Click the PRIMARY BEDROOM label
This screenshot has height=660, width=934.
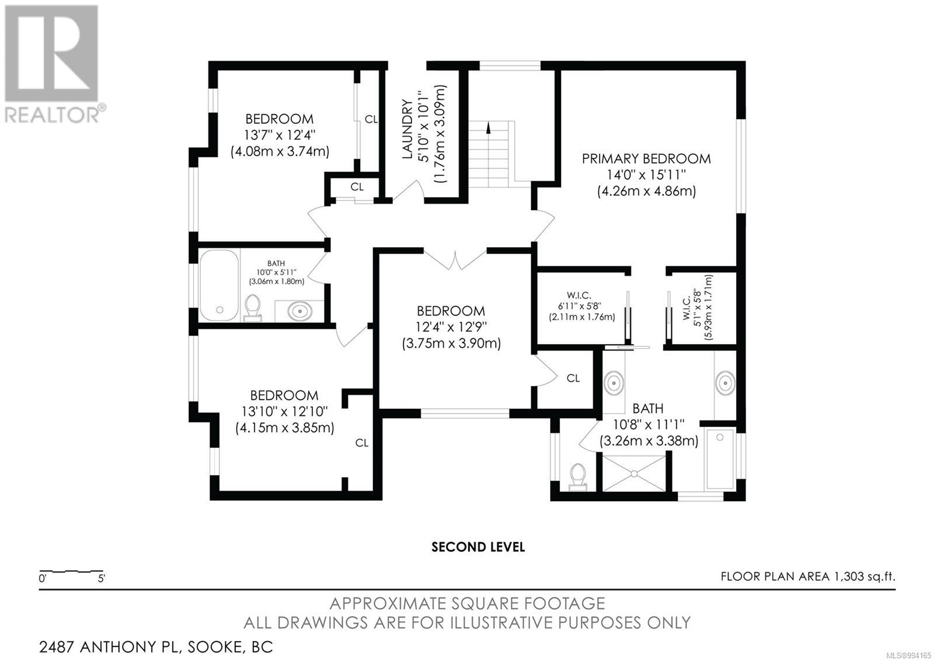click(646, 159)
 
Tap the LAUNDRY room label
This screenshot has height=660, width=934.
click(407, 129)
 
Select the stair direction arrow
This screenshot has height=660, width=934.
click(488, 127)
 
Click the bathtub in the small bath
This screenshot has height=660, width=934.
click(219, 285)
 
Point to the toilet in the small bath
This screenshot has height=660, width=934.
click(252, 308)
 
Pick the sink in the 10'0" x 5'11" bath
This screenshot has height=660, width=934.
click(300, 311)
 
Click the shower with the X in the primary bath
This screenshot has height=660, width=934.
click(634, 473)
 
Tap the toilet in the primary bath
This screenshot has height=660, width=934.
click(577, 477)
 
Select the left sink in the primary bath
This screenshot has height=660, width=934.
click(614, 383)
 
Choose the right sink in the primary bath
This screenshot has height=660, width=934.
click(726, 383)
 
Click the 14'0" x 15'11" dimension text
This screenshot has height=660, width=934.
click(646, 175)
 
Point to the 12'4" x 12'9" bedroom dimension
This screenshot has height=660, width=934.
click(451, 326)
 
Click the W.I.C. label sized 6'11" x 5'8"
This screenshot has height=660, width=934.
click(578, 296)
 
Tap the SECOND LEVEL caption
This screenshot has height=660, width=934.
click(478, 547)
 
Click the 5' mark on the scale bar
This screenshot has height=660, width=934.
click(102, 579)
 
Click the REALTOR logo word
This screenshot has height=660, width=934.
click(52, 114)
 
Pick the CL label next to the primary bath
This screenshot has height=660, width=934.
click(573, 378)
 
